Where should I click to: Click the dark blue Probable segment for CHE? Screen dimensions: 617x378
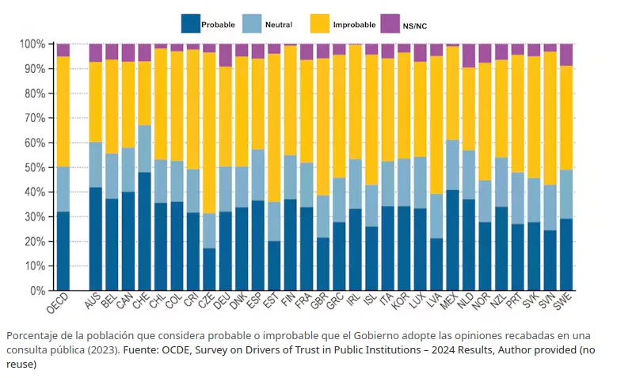click(144, 231)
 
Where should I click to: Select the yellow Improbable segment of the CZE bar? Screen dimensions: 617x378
click(209, 133)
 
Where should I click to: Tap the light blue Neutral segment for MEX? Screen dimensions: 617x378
click(452, 165)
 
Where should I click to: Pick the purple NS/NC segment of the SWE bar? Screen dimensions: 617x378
click(566, 55)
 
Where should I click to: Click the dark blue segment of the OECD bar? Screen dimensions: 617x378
click(63, 251)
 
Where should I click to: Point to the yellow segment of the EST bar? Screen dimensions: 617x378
click(274, 128)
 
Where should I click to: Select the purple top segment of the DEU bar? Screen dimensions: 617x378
click(226, 55)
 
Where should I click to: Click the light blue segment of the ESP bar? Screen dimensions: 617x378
click(258, 175)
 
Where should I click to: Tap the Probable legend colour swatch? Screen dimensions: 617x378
click(190, 24)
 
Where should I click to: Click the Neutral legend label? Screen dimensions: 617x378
click(279, 25)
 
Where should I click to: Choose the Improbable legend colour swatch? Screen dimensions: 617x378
click(319, 24)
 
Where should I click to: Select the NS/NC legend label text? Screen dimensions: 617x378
click(415, 26)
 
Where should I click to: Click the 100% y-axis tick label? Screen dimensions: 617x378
click(32, 44)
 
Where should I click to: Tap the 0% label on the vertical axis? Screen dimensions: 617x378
click(38, 291)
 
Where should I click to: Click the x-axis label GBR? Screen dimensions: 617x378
click(319, 301)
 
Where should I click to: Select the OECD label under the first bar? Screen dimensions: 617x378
click(57, 303)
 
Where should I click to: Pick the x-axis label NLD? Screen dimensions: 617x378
click(465, 301)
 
